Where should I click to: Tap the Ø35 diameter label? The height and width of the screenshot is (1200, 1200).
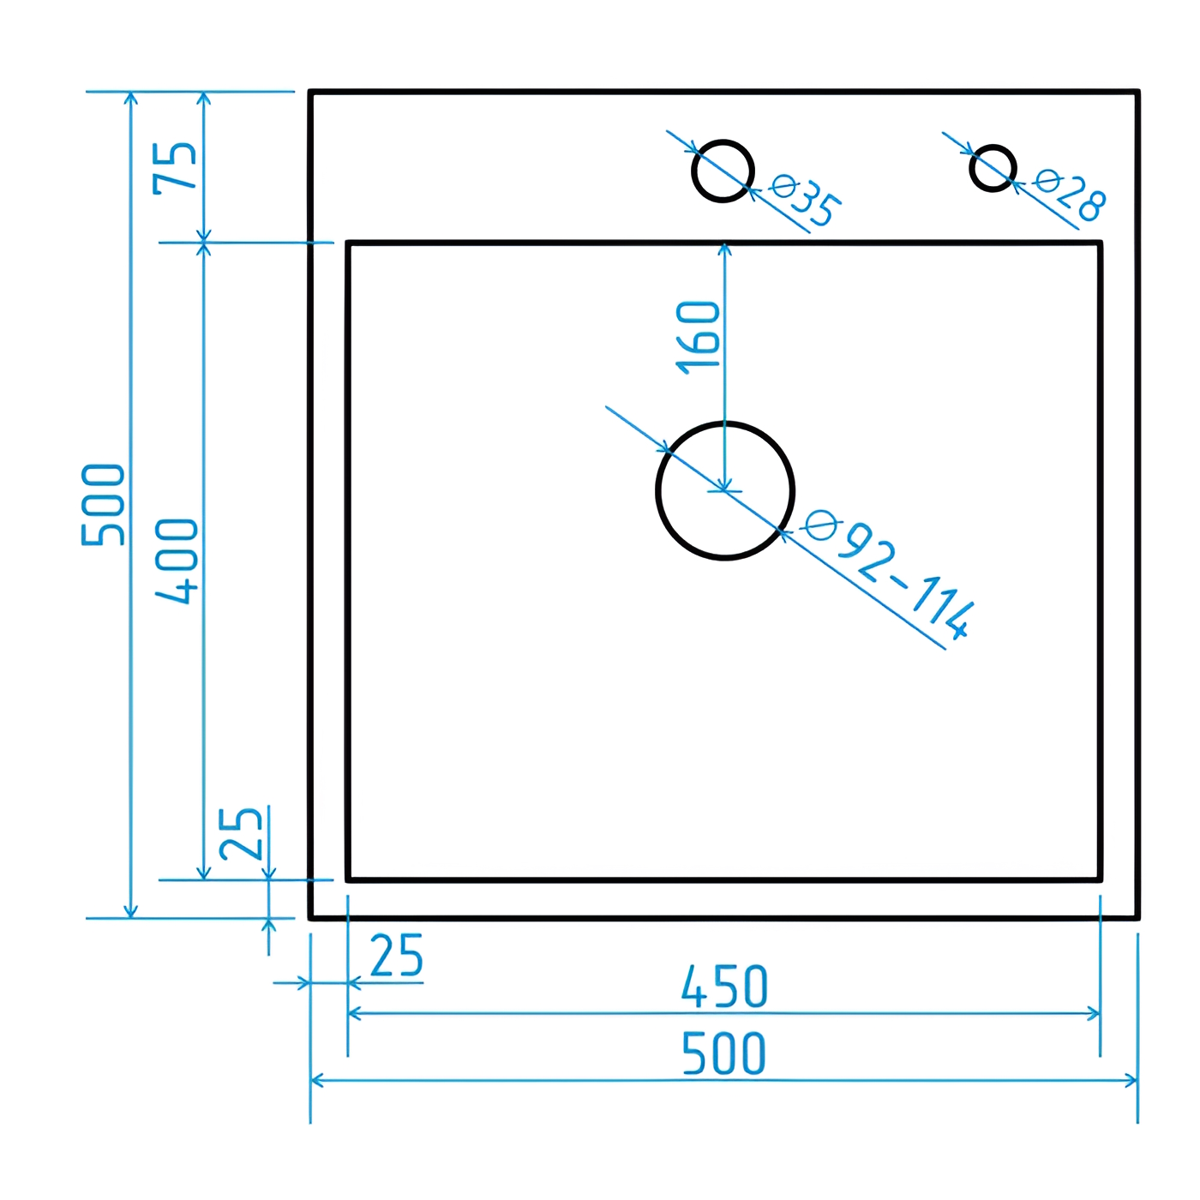click(806, 200)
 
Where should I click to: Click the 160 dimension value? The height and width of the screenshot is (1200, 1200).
click(699, 337)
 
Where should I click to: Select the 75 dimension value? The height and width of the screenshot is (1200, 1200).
click(176, 167)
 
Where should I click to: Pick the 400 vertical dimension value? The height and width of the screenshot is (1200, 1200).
click(177, 561)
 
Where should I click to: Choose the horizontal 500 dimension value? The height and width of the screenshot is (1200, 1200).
click(723, 1053)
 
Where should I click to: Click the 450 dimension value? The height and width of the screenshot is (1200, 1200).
click(724, 987)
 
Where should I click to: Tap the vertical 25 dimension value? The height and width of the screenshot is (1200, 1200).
click(241, 833)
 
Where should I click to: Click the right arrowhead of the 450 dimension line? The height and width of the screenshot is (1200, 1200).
click(1095, 1014)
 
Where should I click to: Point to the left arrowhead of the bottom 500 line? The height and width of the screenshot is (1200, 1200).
click(316, 1080)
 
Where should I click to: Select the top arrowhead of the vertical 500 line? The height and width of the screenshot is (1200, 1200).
click(130, 98)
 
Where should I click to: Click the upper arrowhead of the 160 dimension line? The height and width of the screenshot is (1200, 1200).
click(725, 249)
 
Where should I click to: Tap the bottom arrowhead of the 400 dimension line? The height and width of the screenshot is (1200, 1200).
click(203, 873)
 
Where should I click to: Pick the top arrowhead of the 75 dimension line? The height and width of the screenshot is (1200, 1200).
click(203, 98)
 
